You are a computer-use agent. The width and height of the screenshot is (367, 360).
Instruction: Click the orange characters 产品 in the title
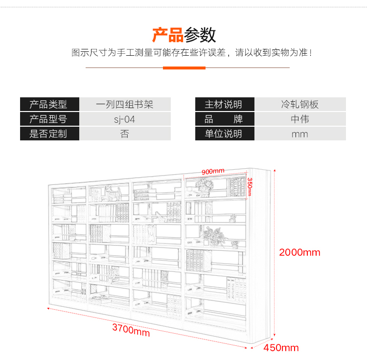click(167, 35)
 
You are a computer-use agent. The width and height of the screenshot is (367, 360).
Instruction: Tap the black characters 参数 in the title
click(200, 35)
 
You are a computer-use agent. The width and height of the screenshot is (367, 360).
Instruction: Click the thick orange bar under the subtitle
click(184, 68)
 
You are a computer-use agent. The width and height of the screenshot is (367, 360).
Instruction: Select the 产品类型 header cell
click(49, 104)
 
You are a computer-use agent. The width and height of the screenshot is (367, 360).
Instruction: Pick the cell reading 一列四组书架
click(125, 104)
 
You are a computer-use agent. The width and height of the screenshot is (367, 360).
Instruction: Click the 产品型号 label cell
click(49, 119)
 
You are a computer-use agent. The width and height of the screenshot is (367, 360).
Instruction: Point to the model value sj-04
click(124, 119)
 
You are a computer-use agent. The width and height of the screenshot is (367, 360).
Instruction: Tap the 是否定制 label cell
click(49, 134)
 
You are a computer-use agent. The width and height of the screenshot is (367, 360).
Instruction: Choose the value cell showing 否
click(125, 134)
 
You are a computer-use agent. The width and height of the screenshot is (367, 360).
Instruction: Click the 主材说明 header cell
click(225, 104)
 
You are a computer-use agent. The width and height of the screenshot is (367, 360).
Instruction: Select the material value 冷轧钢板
click(300, 104)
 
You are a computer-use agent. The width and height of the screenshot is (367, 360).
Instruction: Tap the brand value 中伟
click(300, 119)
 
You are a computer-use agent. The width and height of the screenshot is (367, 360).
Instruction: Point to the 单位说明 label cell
click(225, 134)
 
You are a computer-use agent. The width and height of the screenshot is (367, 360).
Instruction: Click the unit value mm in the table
click(299, 135)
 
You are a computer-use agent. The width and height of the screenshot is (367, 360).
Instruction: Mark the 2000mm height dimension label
click(299, 252)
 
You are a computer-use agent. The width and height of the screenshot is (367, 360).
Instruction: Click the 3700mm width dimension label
click(131, 330)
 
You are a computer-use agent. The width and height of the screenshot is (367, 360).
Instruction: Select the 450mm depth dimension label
click(281, 348)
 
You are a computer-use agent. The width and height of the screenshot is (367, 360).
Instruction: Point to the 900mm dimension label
click(213, 172)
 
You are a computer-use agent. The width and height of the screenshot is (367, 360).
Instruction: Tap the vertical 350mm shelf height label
click(250, 187)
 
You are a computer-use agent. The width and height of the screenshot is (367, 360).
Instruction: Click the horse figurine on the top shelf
click(114, 193)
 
